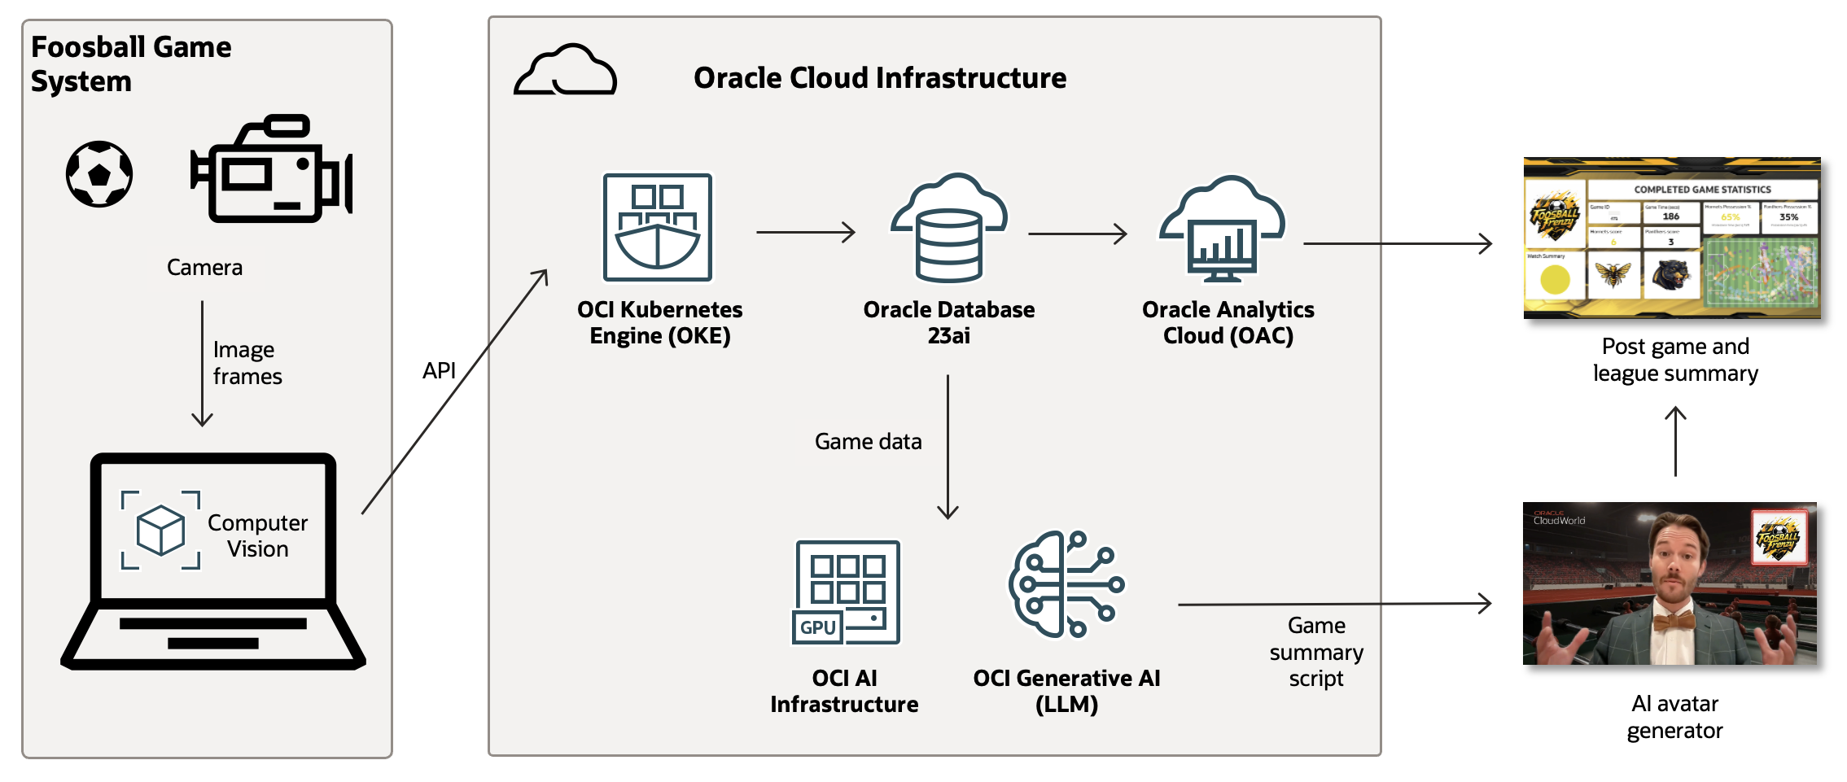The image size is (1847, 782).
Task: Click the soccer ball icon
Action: click(x=99, y=174)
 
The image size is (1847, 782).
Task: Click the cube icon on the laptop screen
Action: click(x=160, y=530)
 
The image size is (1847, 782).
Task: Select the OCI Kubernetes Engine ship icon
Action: click(x=658, y=227)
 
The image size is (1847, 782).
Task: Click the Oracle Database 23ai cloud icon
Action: click(x=949, y=227)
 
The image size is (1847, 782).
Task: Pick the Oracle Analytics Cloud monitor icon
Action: click(x=1223, y=230)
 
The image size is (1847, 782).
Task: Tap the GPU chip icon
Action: click(x=847, y=592)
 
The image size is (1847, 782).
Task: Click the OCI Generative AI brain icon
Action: click(x=1066, y=583)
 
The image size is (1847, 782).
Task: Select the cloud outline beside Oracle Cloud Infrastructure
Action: click(x=565, y=71)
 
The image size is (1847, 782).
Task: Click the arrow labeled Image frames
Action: click(x=202, y=364)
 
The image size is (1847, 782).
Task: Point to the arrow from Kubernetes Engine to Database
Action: click(x=805, y=233)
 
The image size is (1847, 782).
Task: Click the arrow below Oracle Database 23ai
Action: click(x=948, y=447)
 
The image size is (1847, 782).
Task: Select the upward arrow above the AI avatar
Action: click(x=1675, y=441)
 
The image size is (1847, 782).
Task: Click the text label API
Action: click(x=439, y=371)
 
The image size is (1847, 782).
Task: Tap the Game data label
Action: click(x=868, y=442)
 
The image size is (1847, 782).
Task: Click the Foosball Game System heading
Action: click(x=131, y=64)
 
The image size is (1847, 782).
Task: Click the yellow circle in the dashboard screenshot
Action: click(x=1555, y=280)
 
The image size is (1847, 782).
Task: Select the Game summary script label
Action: click(x=1315, y=652)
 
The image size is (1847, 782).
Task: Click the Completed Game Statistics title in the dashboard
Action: click(x=1702, y=190)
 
